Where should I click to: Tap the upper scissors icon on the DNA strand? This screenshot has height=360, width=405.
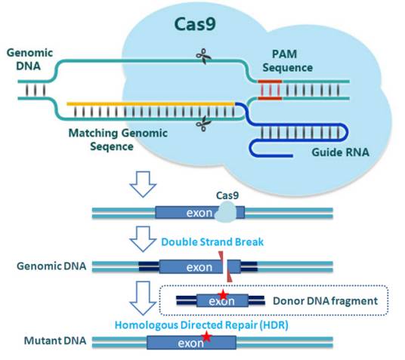tap(202, 55)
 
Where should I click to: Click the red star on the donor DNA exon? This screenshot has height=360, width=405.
tap(223, 294)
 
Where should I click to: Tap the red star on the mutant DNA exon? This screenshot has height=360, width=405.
tap(206, 338)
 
